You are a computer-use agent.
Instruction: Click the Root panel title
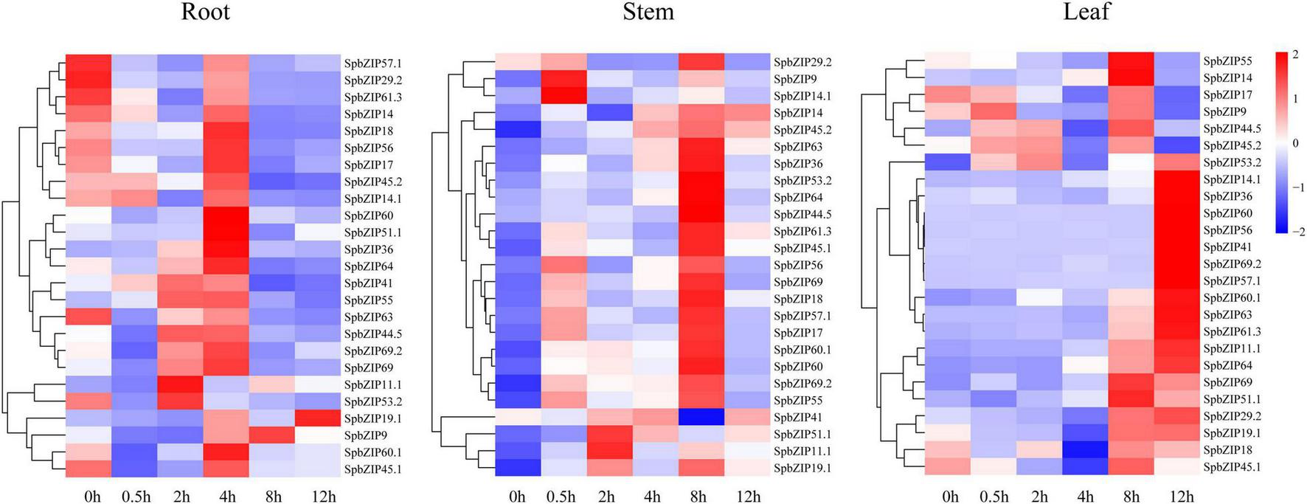tap(206, 13)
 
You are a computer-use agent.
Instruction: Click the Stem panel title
tap(648, 13)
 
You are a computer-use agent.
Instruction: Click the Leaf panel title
tap(1086, 13)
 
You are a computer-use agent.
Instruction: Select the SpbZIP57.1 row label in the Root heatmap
tap(373, 63)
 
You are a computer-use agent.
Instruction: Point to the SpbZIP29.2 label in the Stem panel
tap(802, 62)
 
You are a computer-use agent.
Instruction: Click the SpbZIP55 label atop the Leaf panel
tap(1227, 61)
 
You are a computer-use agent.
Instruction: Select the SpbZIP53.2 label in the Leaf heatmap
tap(1232, 163)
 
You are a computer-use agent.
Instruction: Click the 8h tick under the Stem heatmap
tap(698, 497)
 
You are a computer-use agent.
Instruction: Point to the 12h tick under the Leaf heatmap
tap(1182, 497)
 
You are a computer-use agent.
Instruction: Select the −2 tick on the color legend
tap(1298, 232)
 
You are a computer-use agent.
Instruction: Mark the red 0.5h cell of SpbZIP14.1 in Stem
tap(564, 96)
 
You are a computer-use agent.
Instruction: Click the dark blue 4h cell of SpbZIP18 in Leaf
tap(1085, 449)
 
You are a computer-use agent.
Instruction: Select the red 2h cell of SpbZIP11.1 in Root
tap(180, 384)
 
